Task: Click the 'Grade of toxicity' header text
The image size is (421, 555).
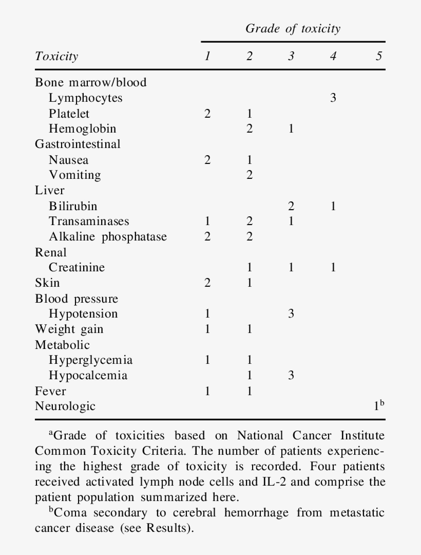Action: (293, 29)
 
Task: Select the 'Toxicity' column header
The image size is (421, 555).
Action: (56, 56)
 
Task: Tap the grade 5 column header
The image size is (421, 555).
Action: (378, 56)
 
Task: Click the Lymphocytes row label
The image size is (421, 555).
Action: (86, 98)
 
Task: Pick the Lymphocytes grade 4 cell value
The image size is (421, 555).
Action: (333, 98)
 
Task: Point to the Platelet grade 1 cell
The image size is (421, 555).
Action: (207, 114)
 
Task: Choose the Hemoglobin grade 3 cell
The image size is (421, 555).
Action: (291, 129)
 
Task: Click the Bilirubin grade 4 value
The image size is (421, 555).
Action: (333, 206)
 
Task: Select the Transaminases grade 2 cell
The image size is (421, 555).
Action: (250, 221)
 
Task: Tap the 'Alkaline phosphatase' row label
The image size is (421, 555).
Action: (108, 237)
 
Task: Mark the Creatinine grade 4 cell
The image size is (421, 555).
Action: (333, 268)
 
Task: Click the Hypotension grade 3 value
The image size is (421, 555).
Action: (291, 314)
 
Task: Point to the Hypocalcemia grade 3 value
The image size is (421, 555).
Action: (291, 376)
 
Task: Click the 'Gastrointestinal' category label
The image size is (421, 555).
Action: (78, 144)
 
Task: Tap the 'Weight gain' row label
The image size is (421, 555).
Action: (69, 329)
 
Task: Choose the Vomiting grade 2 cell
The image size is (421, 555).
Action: (250, 175)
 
